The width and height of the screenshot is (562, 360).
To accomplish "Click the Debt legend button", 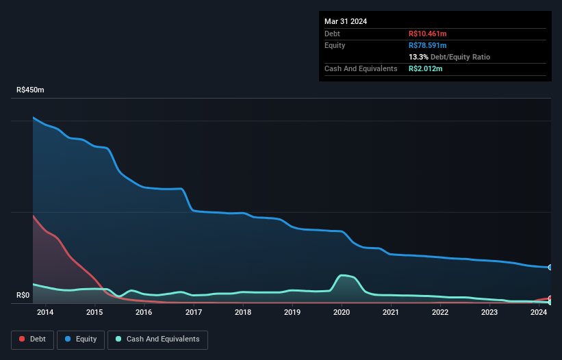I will click(31, 339).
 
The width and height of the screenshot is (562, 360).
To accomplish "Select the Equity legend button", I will click(80, 339).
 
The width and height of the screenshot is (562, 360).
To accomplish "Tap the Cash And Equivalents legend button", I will click(157, 339).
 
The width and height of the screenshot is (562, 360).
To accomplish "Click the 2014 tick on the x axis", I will click(45, 313).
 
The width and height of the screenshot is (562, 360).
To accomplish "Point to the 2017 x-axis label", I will click(193, 313).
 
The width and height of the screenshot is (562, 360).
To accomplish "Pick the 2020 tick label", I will click(342, 313).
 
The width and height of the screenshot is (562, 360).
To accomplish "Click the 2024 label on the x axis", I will click(539, 313).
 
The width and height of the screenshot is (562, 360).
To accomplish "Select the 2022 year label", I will click(440, 313).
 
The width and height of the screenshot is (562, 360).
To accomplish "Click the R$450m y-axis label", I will click(30, 90).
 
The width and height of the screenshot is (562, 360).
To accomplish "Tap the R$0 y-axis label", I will click(23, 296).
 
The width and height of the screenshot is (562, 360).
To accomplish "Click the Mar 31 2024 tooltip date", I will click(346, 21).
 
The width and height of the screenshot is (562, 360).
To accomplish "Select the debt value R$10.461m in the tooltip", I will click(428, 34).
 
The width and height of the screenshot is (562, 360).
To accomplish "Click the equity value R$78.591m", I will click(428, 45).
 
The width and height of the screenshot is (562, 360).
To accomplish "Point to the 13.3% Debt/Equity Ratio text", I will click(449, 57).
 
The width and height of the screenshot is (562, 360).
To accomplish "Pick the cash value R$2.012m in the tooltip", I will click(425, 69).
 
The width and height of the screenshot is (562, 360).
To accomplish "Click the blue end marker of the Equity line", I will click(550, 267).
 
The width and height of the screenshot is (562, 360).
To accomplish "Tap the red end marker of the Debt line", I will click(550, 298).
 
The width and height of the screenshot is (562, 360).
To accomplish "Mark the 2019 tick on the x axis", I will click(292, 313).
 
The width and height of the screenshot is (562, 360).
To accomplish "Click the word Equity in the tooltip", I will click(335, 45).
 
